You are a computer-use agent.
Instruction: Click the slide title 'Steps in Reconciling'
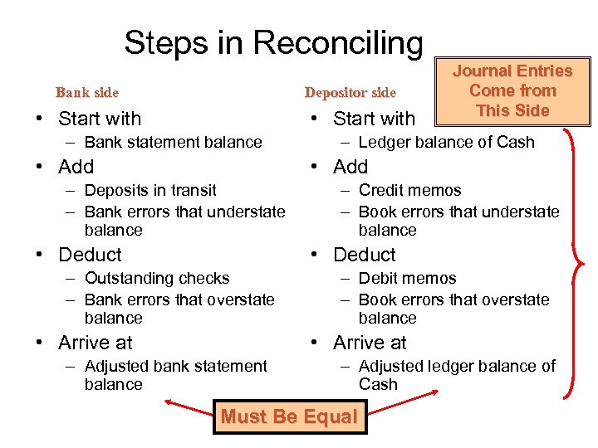(x=273, y=42)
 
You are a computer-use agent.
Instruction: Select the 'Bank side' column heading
(x=86, y=92)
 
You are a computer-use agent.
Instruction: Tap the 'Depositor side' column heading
(x=350, y=92)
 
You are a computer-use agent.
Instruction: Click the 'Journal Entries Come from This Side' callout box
(x=512, y=91)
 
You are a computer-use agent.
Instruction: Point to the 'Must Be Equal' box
(x=288, y=416)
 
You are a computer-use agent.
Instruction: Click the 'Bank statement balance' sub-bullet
(x=173, y=142)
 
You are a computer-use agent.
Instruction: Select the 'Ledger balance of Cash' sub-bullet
(x=446, y=142)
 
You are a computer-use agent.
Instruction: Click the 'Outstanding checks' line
(x=156, y=278)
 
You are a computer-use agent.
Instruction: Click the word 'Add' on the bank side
(x=76, y=167)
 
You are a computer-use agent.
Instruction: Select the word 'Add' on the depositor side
(x=350, y=167)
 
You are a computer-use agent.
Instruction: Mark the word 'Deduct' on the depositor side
(x=364, y=255)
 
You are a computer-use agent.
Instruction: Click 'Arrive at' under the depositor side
(x=370, y=343)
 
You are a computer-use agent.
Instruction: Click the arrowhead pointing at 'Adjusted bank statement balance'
(x=168, y=403)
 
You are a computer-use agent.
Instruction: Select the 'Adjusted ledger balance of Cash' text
(x=456, y=375)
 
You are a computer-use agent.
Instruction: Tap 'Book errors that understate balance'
(x=458, y=220)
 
